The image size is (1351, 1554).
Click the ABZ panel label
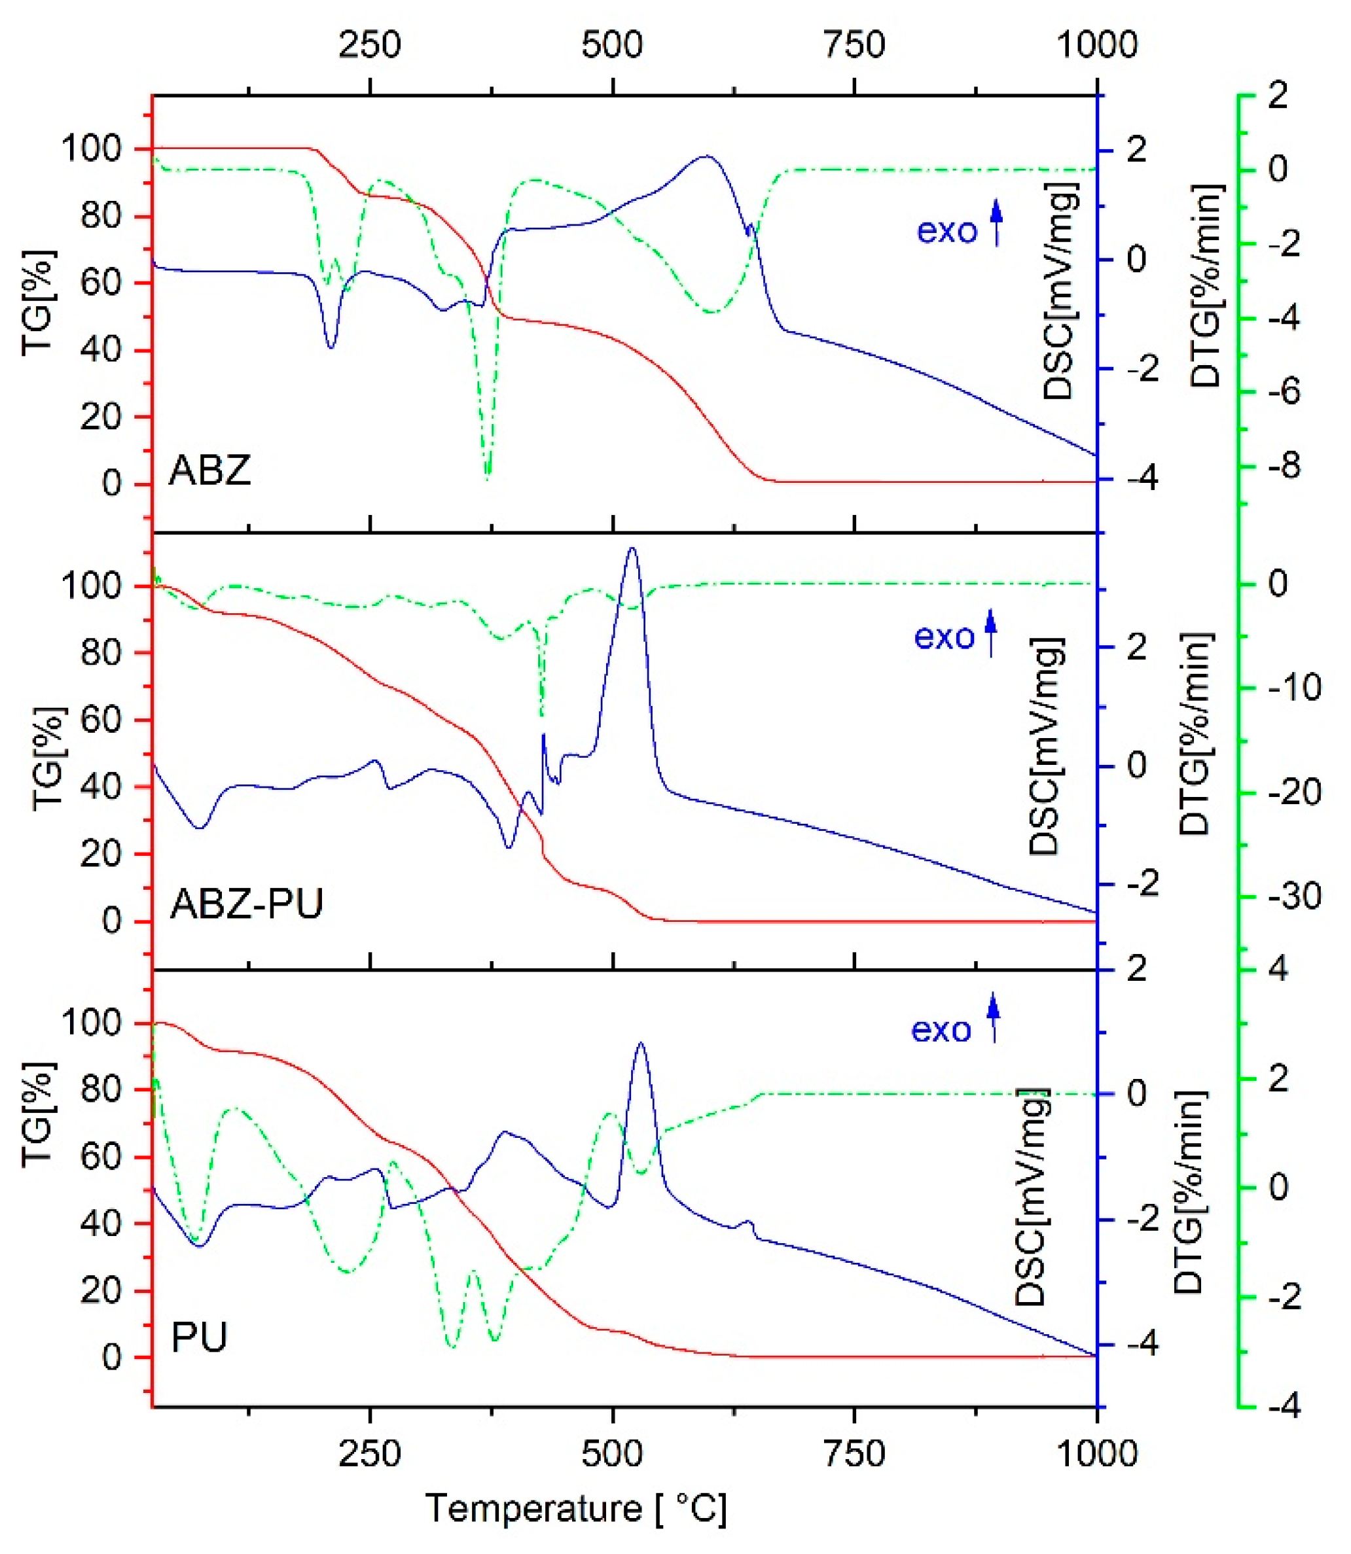tap(209, 471)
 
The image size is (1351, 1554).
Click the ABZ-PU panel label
tap(247, 903)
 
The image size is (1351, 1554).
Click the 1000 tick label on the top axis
tap(1096, 45)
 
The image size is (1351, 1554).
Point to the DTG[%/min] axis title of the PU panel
tap(1191, 1192)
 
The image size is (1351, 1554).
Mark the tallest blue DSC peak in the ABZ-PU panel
tap(632, 549)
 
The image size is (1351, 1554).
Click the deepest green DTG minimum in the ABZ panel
tap(488, 478)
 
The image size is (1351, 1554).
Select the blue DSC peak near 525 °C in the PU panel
tap(641, 1044)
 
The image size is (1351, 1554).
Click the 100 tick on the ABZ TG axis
tap(100, 149)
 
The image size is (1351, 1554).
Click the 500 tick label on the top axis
tap(612, 45)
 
